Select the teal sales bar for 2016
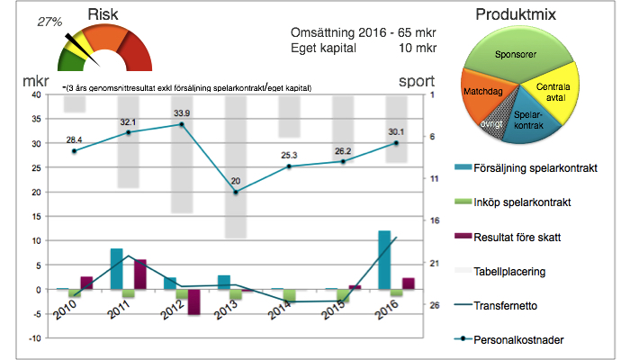point(384,260)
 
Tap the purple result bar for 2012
point(194,301)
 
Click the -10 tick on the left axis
point(35,338)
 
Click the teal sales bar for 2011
point(116,268)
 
